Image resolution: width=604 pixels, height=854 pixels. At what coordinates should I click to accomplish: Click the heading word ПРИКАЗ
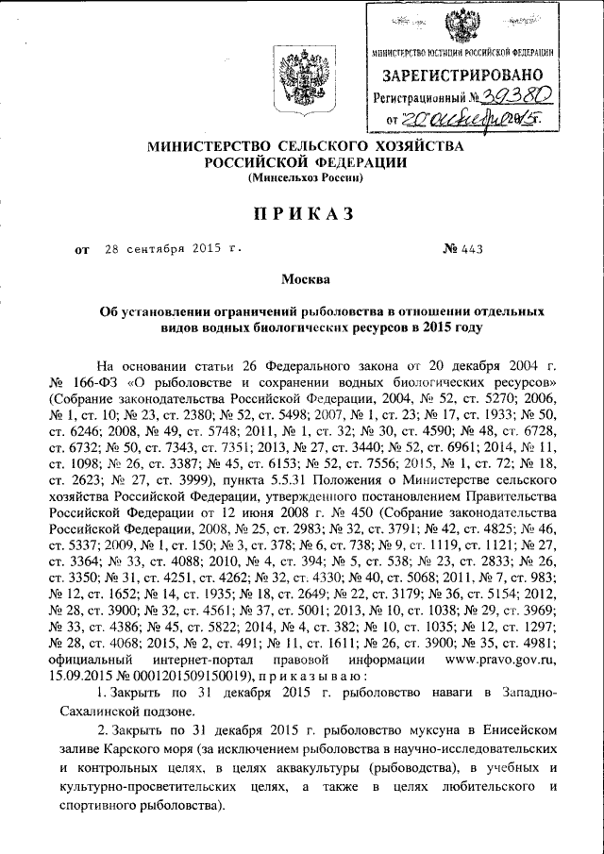(x=301, y=214)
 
